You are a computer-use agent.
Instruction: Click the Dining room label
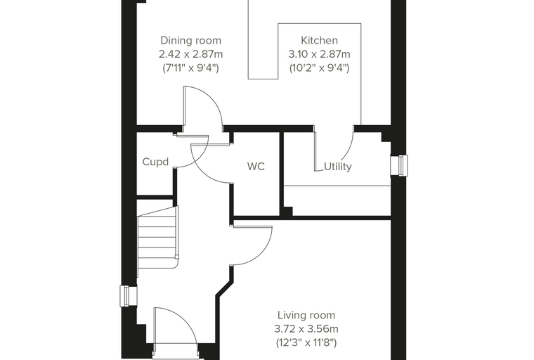click(x=190, y=41)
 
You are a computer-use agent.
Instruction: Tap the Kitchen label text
click(x=320, y=41)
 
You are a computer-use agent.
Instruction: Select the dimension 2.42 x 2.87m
click(x=190, y=54)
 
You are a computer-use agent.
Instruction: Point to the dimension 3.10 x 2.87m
click(x=320, y=54)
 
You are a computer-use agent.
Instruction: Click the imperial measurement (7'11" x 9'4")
click(x=190, y=67)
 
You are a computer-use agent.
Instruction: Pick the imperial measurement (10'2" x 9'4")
click(x=320, y=67)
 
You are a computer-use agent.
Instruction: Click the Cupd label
click(x=155, y=162)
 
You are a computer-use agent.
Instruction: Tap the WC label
click(x=256, y=167)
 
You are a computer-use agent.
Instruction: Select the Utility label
click(x=337, y=167)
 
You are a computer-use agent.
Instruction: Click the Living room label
click(x=306, y=315)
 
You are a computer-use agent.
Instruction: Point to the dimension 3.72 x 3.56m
click(x=306, y=329)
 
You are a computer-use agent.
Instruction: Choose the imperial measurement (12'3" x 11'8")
click(x=306, y=342)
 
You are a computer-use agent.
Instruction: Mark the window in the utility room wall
click(x=399, y=166)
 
